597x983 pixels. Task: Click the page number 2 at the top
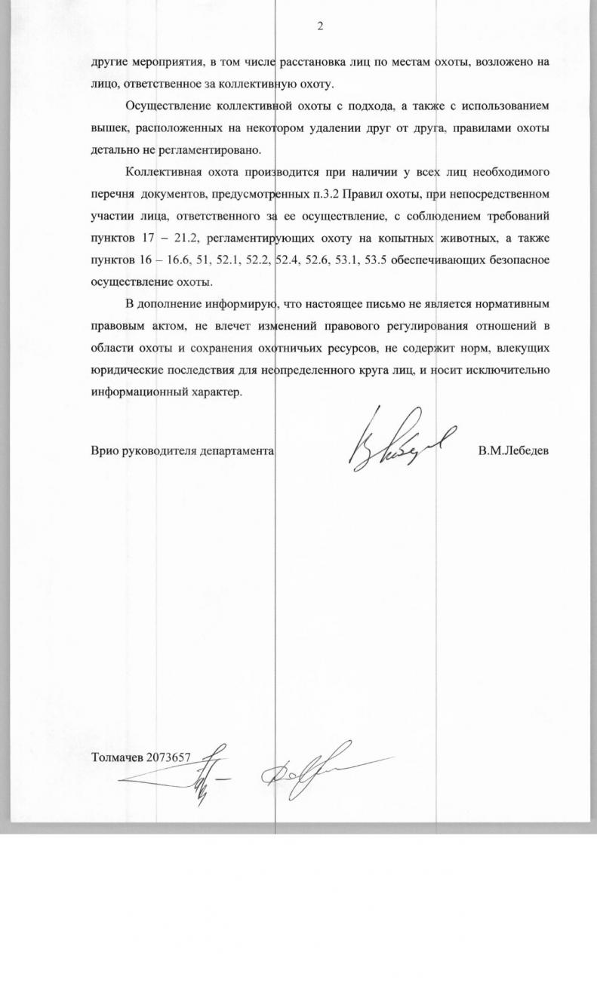(x=319, y=26)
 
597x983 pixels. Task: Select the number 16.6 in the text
(x=162, y=262)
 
